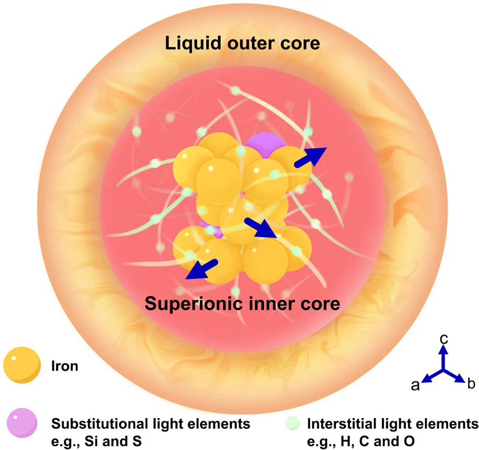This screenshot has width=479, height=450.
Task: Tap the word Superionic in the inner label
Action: [192, 303]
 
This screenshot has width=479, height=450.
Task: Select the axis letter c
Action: [444, 339]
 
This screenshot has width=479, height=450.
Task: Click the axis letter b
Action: [470, 384]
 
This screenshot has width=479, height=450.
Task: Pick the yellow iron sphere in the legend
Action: [21, 365]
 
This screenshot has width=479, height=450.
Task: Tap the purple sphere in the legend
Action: [21, 424]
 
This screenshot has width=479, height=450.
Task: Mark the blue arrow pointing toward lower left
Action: [200, 270]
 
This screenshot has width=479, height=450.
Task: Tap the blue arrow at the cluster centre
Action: [260, 227]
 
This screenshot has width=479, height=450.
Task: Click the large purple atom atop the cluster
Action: [265, 144]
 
